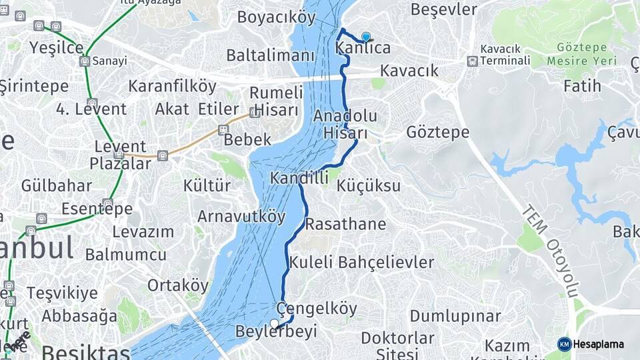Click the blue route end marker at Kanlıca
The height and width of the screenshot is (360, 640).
pos(365,37)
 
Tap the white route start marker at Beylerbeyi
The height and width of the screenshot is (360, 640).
pos(274,324)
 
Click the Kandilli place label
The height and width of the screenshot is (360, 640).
pos(299,178)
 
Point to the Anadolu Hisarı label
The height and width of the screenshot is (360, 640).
pos(345,124)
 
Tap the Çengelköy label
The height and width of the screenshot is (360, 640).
pos(317,309)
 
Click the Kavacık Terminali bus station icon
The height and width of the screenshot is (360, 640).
pos(473,61)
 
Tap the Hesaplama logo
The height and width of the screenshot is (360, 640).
pos(591,344)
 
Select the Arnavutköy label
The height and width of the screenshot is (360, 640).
pos(241,217)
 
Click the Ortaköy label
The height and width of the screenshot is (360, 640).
pos(178,285)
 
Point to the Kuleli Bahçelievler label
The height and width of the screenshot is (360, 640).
pos(361,262)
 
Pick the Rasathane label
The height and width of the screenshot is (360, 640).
pos(345,224)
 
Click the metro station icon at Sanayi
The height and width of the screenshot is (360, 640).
pos(85,61)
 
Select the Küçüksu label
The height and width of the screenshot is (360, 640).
pos(369,185)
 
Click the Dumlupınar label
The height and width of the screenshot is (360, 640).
pos(455,315)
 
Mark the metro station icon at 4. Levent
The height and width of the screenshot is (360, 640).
pos(92,103)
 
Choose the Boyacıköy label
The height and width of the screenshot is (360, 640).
pos(277,17)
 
